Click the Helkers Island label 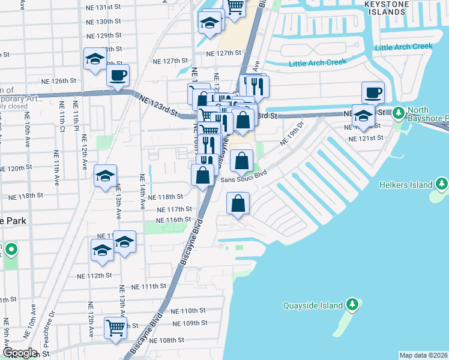pyautogui.click(x=406, y=185)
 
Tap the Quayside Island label pyautogui.click(x=313, y=305)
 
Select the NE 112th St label pyautogui.click(x=95, y=276)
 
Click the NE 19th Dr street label pyautogui.click(x=292, y=134)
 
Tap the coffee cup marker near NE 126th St pyautogui.click(x=118, y=76)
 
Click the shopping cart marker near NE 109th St pyautogui.click(x=115, y=328)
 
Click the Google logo pyautogui.click(x=20, y=353)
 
